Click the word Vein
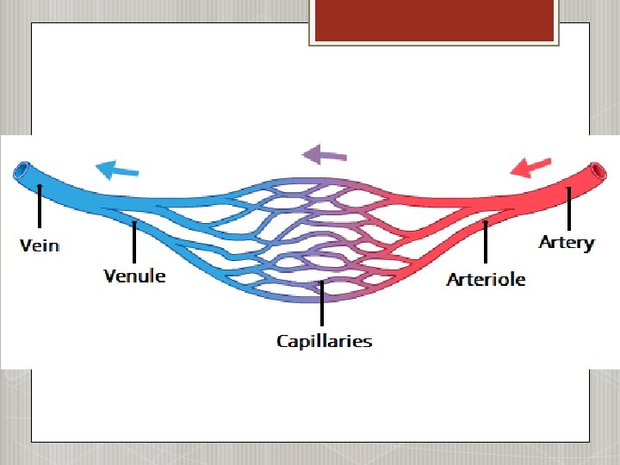pos(40,245)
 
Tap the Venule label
pos(134,276)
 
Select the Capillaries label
pos(324,341)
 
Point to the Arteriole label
pos(486,279)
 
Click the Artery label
pos(566,242)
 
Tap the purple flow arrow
pos(324,155)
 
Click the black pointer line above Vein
pos(40,207)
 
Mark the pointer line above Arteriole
pos(486,242)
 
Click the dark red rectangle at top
pos(432,21)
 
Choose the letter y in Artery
pos(588,245)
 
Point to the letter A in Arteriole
pos(453,279)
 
